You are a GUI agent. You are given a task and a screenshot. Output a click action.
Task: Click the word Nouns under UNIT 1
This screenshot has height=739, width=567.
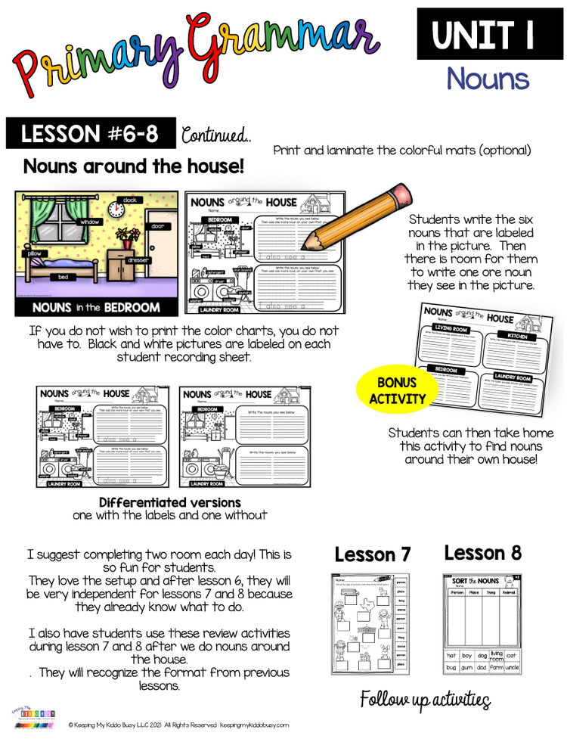[x=487, y=79]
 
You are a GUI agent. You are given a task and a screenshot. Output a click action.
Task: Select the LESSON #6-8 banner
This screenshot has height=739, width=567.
[x=90, y=134]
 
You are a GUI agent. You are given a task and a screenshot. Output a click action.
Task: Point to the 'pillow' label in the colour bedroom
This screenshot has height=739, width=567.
[x=34, y=253]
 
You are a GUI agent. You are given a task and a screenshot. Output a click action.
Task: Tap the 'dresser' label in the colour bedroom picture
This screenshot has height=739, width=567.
[x=138, y=259]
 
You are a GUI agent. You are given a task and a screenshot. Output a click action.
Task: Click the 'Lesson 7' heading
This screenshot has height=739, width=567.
[x=373, y=554]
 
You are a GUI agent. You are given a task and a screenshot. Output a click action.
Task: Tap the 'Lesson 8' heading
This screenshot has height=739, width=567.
[x=482, y=553]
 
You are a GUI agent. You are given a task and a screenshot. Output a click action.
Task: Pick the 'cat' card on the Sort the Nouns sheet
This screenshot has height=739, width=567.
[x=512, y=655]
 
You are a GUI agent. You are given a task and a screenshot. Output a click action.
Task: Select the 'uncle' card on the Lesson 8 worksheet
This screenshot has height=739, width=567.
[x=512, y=669]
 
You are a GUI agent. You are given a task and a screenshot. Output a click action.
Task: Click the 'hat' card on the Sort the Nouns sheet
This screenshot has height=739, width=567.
[x=451, y=655]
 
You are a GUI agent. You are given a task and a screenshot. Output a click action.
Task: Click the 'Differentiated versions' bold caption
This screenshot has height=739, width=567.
[x=169, y=502]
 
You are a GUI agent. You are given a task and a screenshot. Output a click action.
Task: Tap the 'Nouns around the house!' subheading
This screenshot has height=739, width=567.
[x=134, y=166]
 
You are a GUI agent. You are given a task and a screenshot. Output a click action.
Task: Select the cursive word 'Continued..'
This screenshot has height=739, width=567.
[x=216, y=135]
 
